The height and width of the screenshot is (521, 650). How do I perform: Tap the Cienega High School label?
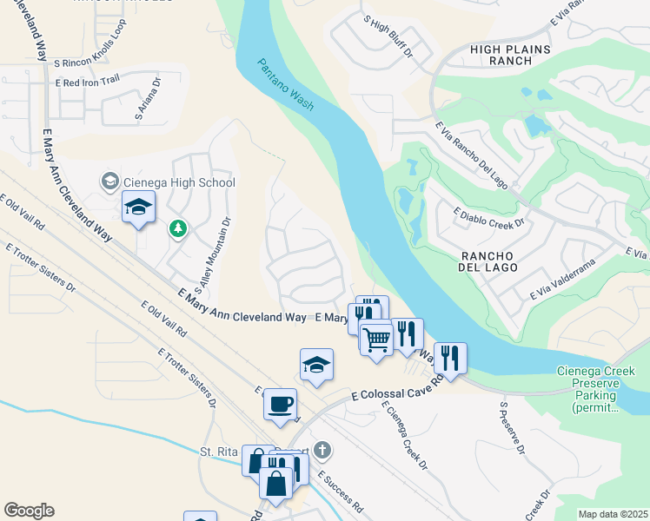coord(179,182)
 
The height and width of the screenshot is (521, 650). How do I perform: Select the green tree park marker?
coord(179,228)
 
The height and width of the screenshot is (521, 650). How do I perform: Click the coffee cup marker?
coord(280,406)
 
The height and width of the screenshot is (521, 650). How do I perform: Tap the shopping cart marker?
coord(376,338)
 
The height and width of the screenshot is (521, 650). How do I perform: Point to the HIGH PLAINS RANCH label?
coord(510,56)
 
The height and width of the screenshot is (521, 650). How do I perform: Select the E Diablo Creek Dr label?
coord(489,216)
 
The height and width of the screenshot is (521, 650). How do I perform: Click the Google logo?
coord(29,511)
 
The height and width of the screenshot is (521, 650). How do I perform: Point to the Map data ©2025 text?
coord(612,514)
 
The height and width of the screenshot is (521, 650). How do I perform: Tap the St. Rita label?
coord(218,452)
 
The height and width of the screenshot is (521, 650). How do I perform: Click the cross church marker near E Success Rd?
coord(322,450)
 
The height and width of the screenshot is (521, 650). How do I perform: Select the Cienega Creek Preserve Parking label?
coord(595,389)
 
